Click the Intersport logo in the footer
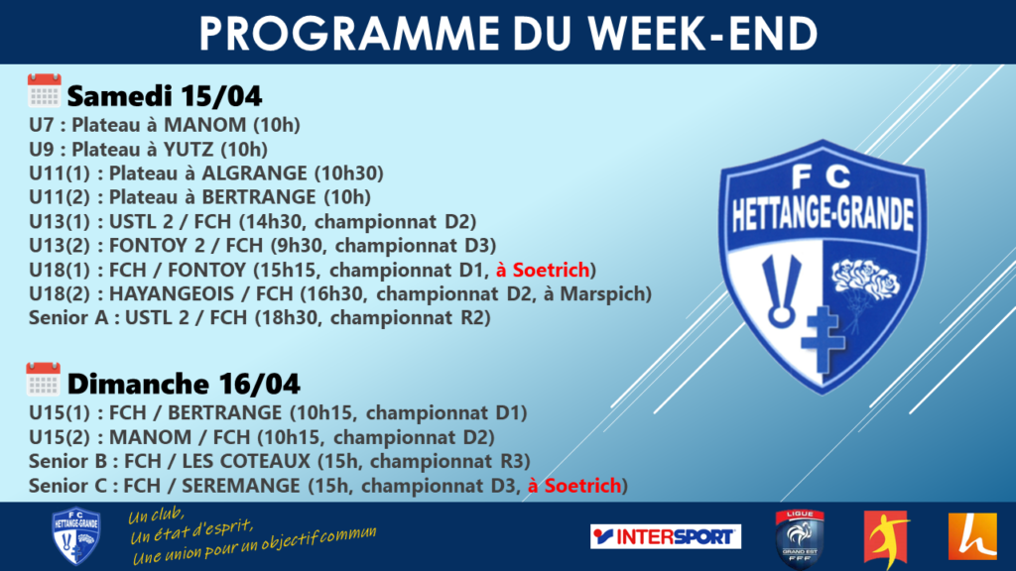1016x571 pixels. pos(666,536)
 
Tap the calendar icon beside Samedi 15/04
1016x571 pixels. pos(44,90)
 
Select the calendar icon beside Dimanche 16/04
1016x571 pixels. pos(43,379)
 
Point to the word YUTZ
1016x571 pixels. pos(188,149)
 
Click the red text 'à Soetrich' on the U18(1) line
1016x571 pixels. pos(543,270)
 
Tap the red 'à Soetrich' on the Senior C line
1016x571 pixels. pos(574,485)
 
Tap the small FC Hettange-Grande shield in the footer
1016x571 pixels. pos(75,536)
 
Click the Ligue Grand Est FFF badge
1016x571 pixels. pos(800,538)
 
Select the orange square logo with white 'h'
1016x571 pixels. pos(972,536)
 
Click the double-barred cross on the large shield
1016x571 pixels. pos(823,340)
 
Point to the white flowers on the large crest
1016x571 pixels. pos(865,280)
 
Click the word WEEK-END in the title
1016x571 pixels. pos(702,33)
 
